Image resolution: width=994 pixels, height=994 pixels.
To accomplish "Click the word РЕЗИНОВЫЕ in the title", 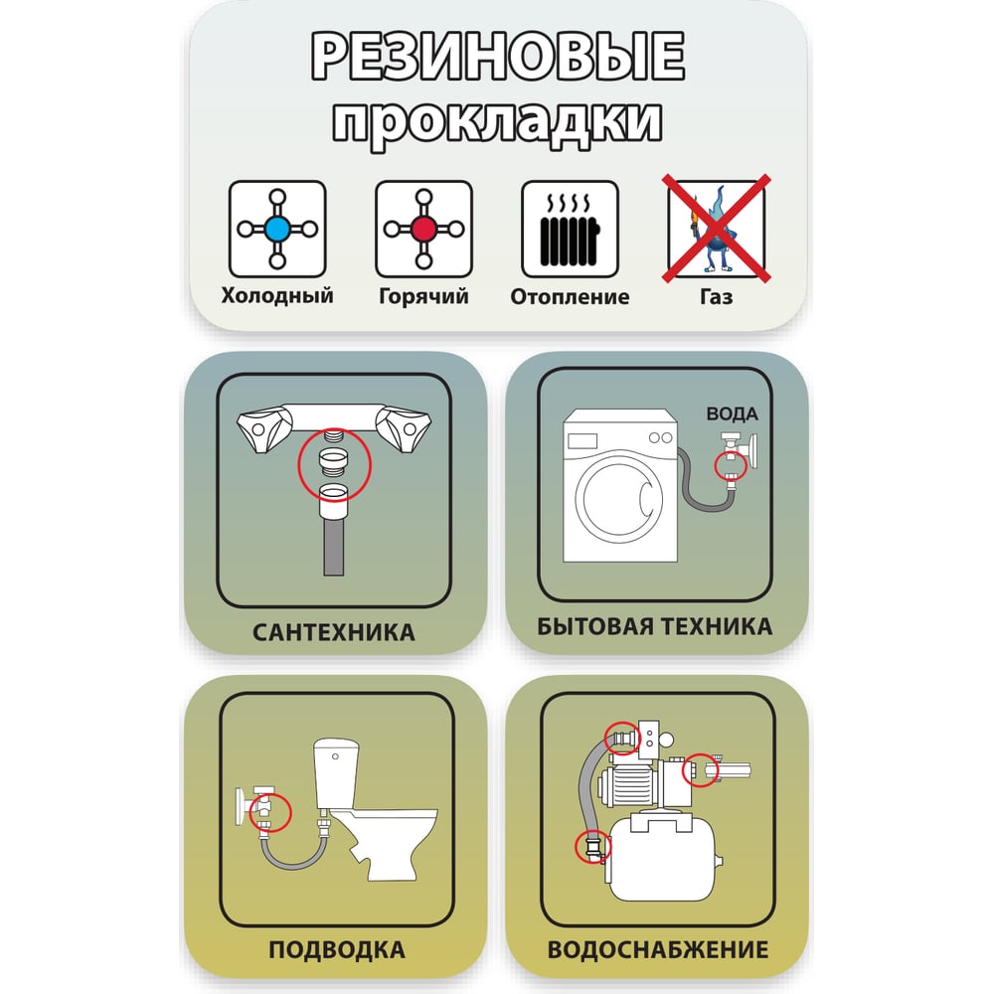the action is coord(498,56).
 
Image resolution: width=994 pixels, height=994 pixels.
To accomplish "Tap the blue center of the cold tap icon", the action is coord(277,229).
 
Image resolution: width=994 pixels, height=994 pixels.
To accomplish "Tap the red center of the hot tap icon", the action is coord(423,229).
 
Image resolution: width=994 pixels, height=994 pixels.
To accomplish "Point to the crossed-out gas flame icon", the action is coord(717,229).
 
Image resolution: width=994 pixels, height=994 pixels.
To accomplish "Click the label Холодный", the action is coord(277,295).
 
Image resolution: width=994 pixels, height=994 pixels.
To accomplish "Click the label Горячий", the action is coord(423,296).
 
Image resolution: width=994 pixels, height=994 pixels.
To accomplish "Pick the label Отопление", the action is coord(570,296).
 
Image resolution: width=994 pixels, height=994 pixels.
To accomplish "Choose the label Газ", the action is coord(717,296).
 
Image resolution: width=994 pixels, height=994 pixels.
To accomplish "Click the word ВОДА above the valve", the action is coord(733,414).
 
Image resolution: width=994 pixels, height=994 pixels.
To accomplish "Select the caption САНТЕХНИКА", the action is coord(333,632).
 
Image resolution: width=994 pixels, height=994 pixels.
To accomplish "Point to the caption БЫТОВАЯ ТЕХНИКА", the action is coord(654,626).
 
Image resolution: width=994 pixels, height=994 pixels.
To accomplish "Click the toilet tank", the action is coord(336,772).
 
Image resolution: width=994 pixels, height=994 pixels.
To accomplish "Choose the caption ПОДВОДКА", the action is coord(336,950).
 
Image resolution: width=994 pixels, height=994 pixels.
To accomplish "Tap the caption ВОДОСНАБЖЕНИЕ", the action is coord(657,949).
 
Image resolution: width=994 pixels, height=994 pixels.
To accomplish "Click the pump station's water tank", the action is coord(662,859).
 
